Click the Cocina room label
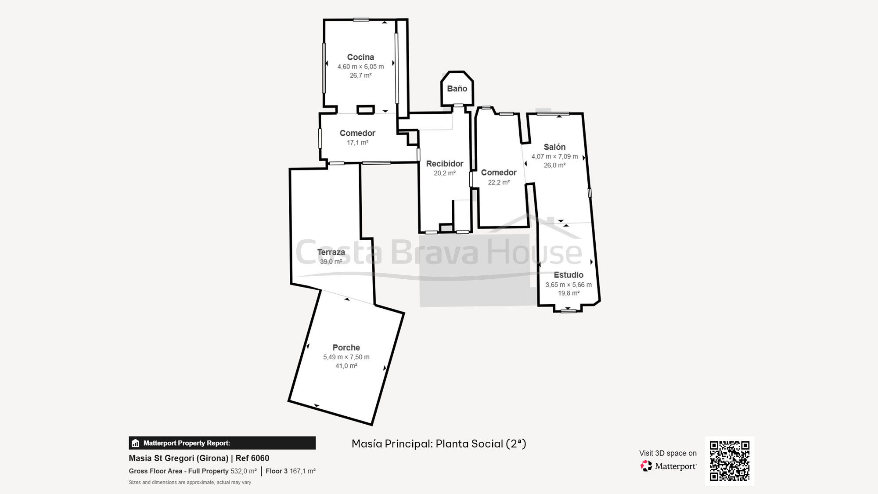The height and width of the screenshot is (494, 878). click(360, 57)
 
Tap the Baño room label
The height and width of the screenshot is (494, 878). click(457, 89)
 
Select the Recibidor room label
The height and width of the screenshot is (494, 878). click(445, 164)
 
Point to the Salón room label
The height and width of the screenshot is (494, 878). click(554, 147)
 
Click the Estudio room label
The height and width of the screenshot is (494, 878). click(569, 275)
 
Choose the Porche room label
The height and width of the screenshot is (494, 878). click(346, 348)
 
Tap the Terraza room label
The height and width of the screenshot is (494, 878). click(331, 252)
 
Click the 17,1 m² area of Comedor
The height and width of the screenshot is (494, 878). click(357, 143)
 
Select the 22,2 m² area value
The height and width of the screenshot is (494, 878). click(499, 182)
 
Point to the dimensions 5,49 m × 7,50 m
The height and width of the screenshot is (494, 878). click(346, 357)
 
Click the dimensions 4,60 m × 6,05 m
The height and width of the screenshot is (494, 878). click(360, 67)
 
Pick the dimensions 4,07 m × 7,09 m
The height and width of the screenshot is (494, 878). click(554, 156)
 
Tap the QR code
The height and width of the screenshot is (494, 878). click(730, 461)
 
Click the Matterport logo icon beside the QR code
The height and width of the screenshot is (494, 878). click(646, 466)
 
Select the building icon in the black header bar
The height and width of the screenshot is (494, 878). click(136, 443)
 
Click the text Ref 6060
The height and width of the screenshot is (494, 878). click(252, 458)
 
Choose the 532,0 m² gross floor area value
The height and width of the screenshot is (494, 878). click(244, 471)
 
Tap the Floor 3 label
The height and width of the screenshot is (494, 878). click(277, 471)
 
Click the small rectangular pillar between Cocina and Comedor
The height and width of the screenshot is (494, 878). click(365, 109)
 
